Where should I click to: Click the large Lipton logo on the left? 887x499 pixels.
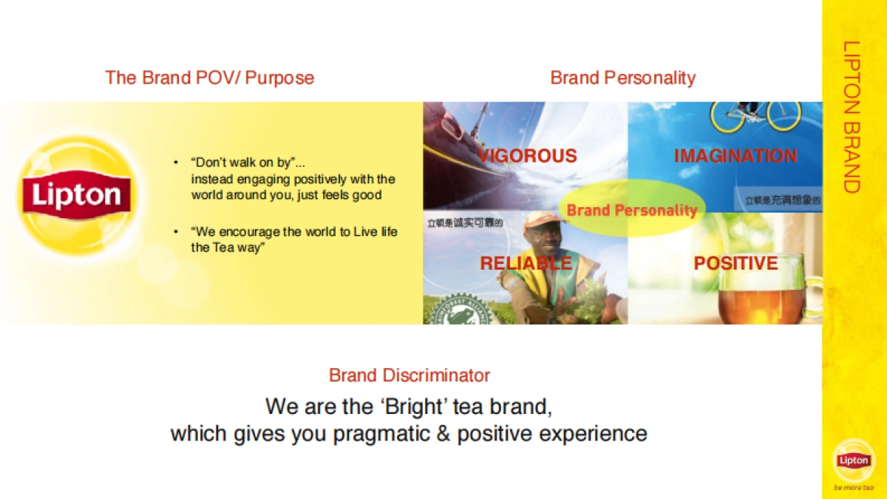pyautogui.click(x=75, y=194)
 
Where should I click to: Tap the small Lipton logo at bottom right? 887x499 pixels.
pyautogui.click(x=854, y=460)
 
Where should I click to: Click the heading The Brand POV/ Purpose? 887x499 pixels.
pyautogui.click(x=209, y=78)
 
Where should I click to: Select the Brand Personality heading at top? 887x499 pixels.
pyautogui.click(x=622, y=78)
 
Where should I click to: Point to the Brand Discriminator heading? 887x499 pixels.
pyautogui.click(x=409, y=375)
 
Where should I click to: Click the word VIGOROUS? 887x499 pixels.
pyautogui.click(x=527, y=156)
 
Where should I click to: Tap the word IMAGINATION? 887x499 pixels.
pyautogui.click(x=735, y=156)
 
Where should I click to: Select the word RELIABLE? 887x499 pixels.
pyautogui.click(x=526, y=263)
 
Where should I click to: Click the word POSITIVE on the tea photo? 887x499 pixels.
pyautogui.click(x=735, y=263)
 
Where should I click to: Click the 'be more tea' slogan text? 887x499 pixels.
pyautogui.click(x=853, y=487)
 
